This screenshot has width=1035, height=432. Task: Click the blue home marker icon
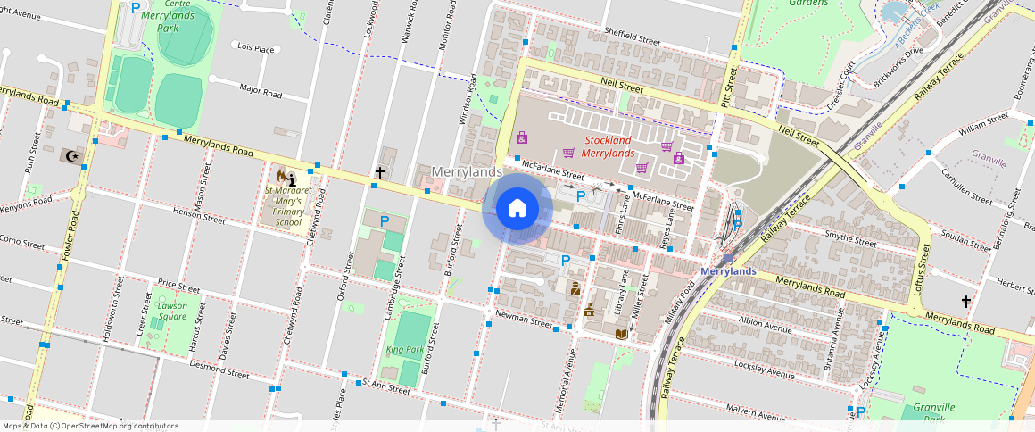(517, 209)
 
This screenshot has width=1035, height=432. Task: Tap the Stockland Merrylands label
(608, 146)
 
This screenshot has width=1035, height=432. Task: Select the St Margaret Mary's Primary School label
(287, 206)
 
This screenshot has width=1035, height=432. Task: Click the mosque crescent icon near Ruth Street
(70, 155)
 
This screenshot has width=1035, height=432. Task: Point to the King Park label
(404, 349)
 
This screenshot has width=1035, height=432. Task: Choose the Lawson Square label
(172, 311)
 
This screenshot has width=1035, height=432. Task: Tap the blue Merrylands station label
(728, 271)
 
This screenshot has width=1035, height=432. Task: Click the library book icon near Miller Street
(621, 334)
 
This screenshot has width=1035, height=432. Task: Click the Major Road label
(261, 91)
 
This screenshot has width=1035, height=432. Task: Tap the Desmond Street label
(219, 370)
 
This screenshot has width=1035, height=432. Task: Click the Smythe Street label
(851, 240)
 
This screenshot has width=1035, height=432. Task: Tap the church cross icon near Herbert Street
(965, 302)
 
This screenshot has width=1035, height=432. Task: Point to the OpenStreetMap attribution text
(91, 426)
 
